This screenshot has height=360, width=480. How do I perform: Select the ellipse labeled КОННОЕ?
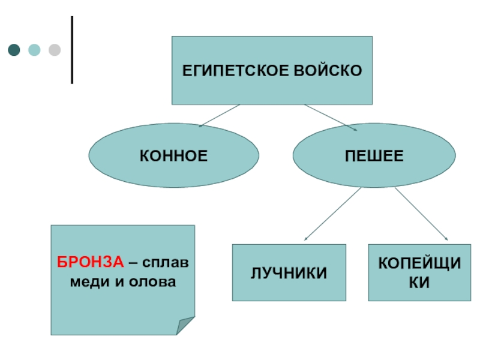point(174,156)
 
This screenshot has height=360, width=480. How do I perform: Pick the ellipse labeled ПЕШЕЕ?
point(374,156)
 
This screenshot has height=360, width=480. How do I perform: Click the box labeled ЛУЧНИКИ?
point(289,273)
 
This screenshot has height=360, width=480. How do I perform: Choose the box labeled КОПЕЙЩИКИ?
point(419,272)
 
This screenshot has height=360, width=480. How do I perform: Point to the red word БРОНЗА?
point(91,263)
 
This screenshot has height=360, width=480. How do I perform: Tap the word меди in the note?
point(86,280)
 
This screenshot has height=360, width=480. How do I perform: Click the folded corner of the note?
point(186,326)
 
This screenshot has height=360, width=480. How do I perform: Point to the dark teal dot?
point(14,50)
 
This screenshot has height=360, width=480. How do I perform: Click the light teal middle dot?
point(34,50)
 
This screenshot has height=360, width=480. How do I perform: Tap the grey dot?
point(55,50)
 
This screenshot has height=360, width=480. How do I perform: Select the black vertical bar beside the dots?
point(73,50)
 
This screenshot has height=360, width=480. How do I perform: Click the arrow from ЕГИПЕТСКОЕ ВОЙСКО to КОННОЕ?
point(219,116)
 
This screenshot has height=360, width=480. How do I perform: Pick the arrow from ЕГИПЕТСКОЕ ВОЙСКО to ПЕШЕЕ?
point(331,118)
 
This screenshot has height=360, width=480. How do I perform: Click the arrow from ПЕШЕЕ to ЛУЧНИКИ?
point(333,214)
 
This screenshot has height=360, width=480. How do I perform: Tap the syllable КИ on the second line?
point(419,282)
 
